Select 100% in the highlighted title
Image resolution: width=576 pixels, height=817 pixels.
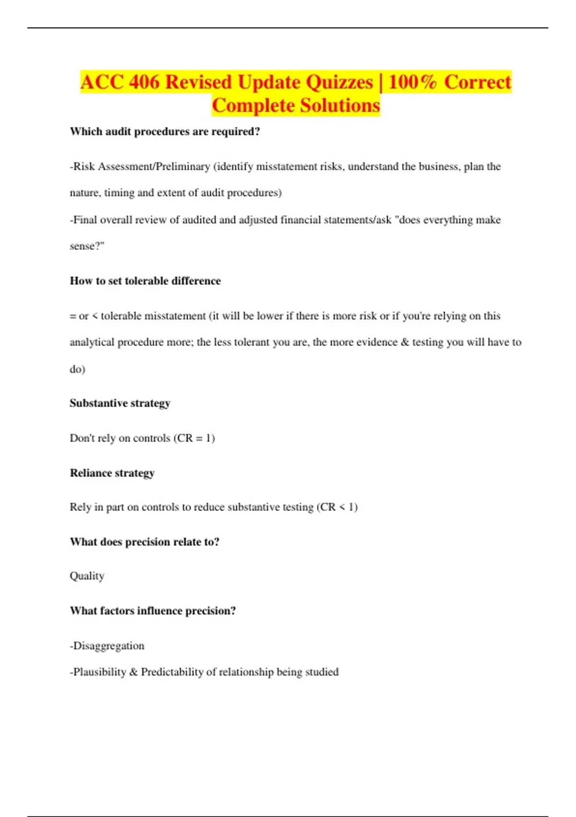click(x=412, y=82)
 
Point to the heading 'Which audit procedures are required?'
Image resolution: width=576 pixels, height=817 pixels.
click(x=165, y=132)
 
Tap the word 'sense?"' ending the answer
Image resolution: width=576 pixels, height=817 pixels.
click(x=87, y=246)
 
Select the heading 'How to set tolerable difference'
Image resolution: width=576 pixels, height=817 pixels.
click(x=145, y=281)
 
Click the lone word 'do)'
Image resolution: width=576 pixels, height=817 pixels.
click(x=77, y=369)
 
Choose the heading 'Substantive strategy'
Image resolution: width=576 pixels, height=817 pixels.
click(x=120, y=403)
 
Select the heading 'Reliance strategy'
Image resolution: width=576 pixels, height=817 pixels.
click(x=112, y=473)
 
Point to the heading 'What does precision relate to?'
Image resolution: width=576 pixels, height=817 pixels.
click(x=144, y=542)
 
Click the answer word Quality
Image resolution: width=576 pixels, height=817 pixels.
click(x=87, y=576)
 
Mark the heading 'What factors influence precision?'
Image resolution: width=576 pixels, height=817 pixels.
click(x=153, y=611)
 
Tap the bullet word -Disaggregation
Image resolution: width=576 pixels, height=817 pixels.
click(x=107, y=646)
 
